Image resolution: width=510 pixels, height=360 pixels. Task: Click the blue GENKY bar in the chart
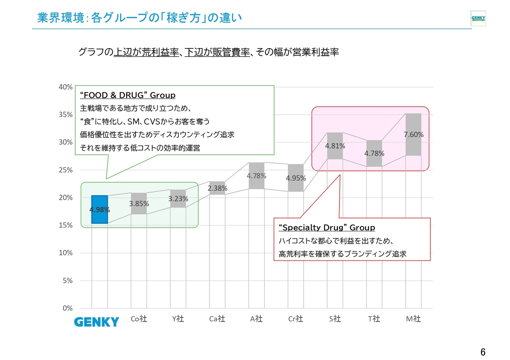[x=100, y=209]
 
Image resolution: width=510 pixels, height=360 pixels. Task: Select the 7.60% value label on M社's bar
[x=414, y=135]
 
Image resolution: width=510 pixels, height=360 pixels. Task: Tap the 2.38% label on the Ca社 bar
[x=218, y=188]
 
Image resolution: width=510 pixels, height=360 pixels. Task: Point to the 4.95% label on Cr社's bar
[x=296, y=178]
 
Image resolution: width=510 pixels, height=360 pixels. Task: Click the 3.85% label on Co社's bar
[x=139, y=203]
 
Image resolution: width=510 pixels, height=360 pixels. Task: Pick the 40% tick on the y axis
[x=66, y=87]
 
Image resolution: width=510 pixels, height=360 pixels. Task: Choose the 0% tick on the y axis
[x=68, y=308]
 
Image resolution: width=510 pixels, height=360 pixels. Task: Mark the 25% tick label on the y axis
[x=66, y=170]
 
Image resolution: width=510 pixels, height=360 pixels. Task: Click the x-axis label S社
[x=335, y=319]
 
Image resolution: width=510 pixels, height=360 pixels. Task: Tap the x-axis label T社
[x=374, y=319]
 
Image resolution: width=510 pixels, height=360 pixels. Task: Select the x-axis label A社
[x=256, y=319]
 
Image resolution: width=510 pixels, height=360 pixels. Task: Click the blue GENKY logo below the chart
[x=96, y=322]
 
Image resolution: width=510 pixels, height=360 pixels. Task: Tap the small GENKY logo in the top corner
[x=478, y=18]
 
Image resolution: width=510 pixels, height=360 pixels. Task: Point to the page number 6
[x=483, y=352]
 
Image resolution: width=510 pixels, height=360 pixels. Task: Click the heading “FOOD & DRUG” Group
[x=128, y=95]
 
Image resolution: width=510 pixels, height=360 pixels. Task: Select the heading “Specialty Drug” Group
[x=327, y=227]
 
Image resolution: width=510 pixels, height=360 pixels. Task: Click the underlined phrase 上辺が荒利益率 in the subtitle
[x=146, y=52]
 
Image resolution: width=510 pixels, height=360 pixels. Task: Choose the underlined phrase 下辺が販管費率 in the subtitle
[x=217, y=52]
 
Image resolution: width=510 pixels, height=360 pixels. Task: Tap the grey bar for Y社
[x=178, y=198]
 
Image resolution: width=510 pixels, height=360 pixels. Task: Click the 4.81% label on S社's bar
[x=335, y=146]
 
